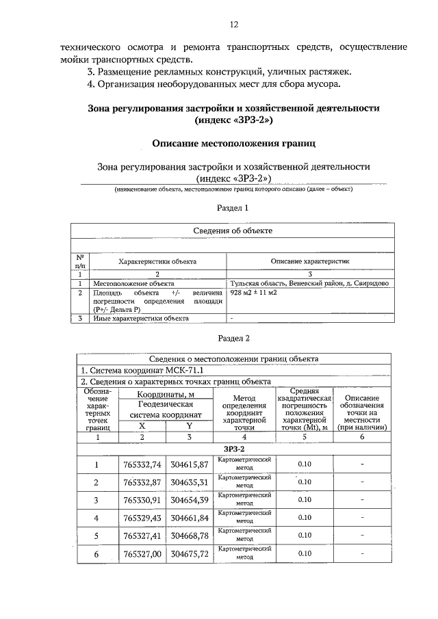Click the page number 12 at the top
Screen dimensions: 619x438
point(233,25)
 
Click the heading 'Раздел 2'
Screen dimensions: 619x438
point(233,338)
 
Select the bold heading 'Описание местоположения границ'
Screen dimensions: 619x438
point(233,144)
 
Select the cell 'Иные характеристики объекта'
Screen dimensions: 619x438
point(140,318)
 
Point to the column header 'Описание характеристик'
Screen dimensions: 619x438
point(309,261)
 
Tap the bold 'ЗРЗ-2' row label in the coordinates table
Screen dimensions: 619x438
point(233,448)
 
